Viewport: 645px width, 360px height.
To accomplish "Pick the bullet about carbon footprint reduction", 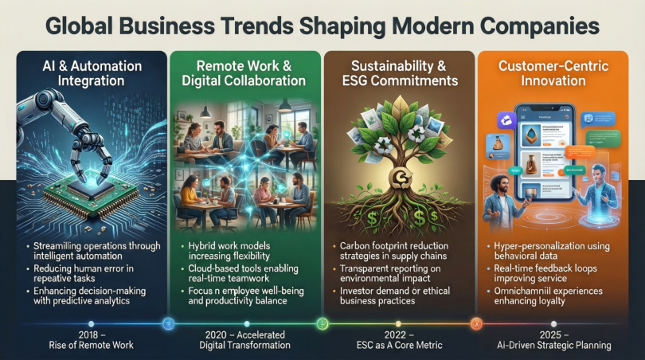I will pos(400,252).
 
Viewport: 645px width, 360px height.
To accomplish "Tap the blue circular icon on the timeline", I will pos(168,323).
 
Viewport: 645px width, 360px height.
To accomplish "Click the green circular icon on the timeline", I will pos(322,323).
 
